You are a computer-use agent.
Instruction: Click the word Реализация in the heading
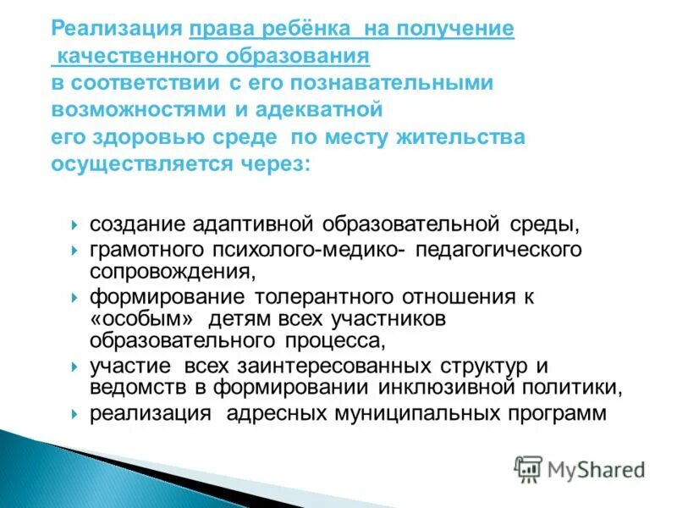pos(117,29)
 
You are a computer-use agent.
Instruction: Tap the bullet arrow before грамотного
pos(74,251)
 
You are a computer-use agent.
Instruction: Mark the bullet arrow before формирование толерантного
pos(74,298)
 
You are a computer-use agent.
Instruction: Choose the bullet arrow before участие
pos(74,367)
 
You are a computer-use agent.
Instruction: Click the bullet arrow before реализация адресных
pos(74,414)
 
